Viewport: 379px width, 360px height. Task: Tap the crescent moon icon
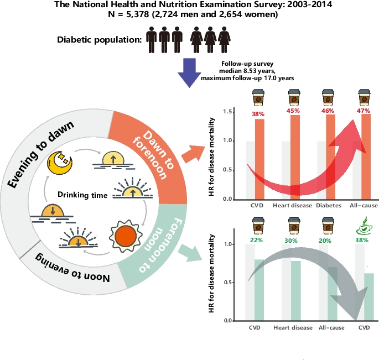pos(60,161)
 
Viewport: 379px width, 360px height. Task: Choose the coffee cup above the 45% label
pos(293,98)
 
